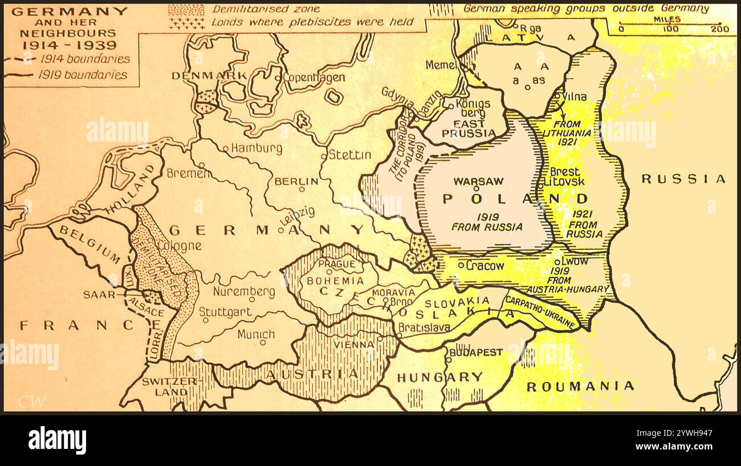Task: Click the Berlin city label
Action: [296, 181]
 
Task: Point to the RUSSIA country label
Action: [683, 179]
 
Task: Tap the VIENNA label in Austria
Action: [355, 345]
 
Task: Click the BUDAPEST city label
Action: [476, 352]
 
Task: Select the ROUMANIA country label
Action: [580, 386]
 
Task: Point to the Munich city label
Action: [256, 334]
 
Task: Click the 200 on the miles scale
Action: [720, 29]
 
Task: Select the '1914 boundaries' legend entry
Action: [85, 59]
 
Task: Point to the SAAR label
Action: [95, 295]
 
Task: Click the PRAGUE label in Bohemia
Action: [336, 264]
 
